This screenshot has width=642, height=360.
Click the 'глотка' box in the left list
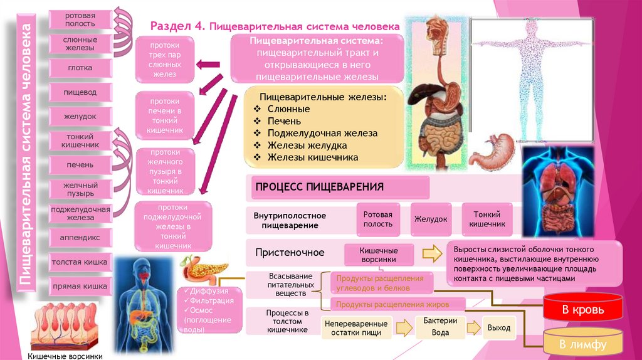tap(80, 68)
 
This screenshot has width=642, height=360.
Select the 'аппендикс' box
tap(80, 238)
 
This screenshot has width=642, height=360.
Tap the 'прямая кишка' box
tap(80, 286)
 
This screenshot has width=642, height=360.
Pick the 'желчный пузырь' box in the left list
tap(80, 189)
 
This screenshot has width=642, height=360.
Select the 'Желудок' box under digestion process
tap(430, 220)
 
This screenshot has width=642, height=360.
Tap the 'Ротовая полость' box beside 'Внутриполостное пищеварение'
tap(378, 219)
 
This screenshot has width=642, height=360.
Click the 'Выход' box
tap(499, 327)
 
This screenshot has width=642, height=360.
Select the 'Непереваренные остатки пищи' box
tap(356, 328)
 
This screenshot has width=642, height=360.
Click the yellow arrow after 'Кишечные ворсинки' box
tap(432, 254)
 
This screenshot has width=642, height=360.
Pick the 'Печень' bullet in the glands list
tap(285, 121)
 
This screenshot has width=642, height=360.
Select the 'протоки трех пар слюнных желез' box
tap(165, 60)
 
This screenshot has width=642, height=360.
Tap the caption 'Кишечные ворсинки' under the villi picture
tap(63, 355)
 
